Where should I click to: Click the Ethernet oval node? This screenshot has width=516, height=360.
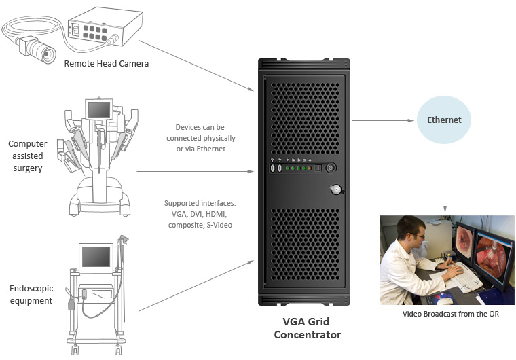[x=444, y=120]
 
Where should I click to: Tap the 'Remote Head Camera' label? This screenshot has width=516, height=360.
[x=106, y=64]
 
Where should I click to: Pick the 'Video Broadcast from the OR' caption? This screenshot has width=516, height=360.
[x=446, y=314]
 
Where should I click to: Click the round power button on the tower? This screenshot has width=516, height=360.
[x=331, y=168]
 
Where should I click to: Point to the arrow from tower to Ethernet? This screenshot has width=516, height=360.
[x=383, y=121]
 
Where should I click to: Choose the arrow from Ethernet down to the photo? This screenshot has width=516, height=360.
[x=445, y=177]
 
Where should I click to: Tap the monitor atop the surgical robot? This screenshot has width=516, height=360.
[x=98, y=109]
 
